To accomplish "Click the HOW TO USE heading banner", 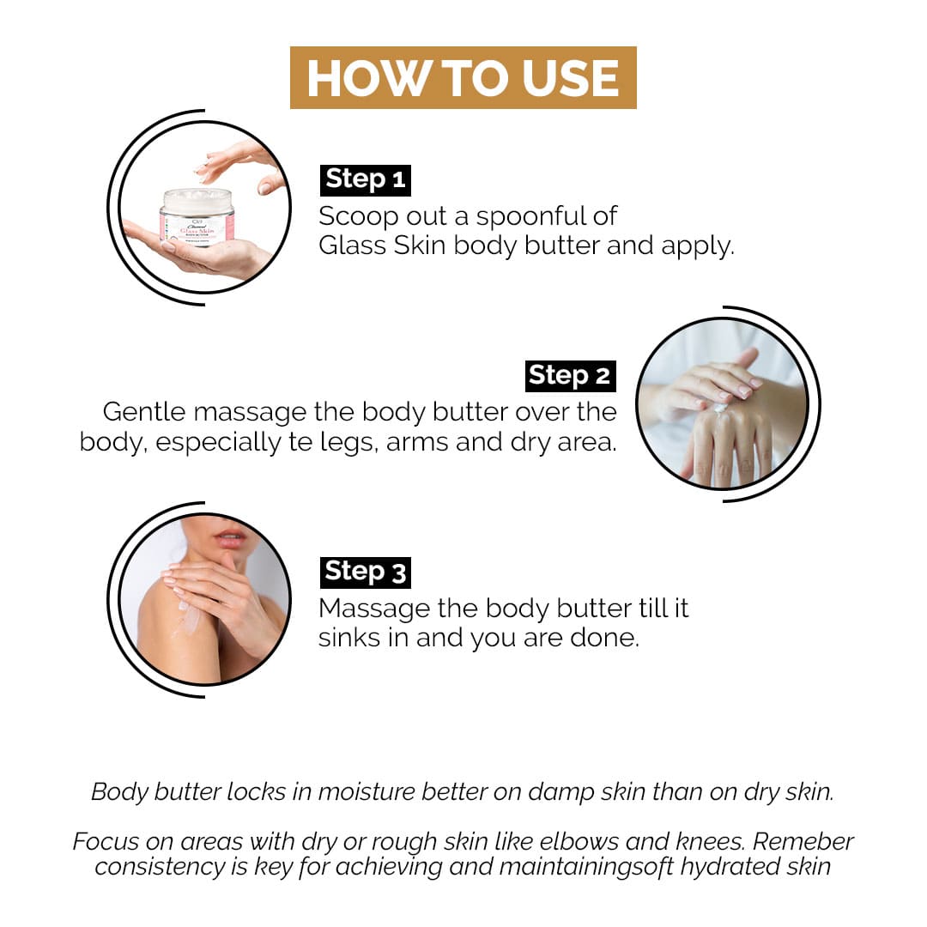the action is (463, 77).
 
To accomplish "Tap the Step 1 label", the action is (366, 179).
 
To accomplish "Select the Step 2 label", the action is (571, 376).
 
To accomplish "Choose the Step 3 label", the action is (366, 573).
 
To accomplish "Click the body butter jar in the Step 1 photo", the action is (197, 216).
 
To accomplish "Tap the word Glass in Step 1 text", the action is (353, 245).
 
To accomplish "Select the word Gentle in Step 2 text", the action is (144, 411).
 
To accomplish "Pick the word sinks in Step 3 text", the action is (349, 638).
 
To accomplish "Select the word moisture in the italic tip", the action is (367, 791).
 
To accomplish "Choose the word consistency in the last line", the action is (160, 867).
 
